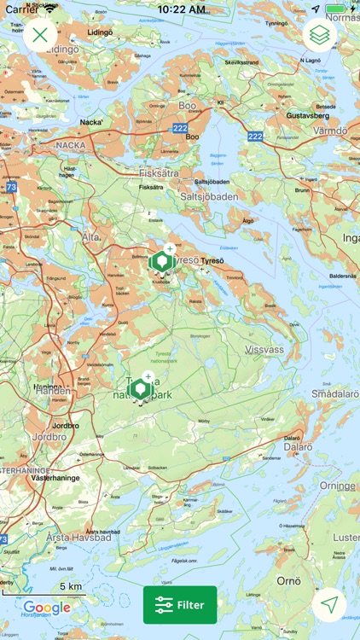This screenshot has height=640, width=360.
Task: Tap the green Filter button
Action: point(180,605)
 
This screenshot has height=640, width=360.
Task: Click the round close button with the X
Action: point(40,36)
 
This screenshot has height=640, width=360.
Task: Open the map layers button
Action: point(320,36)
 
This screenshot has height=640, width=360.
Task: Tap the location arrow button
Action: point(329,604)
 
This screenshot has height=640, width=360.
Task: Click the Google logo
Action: point(47,608)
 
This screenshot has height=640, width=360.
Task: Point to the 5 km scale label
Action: point(71,586)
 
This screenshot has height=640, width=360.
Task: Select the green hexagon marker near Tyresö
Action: point(161,261)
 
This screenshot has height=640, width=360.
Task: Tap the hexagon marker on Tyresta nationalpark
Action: point(139,390)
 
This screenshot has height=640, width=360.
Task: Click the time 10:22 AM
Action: point(180,9)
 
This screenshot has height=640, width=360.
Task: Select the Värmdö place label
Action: point(328,131)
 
